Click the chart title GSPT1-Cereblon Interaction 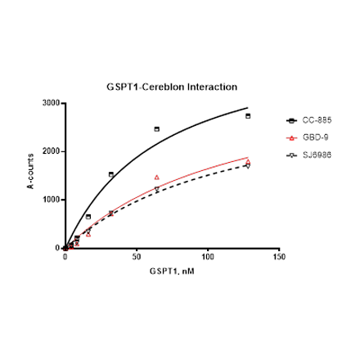[x=172, y=84]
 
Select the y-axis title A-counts [x=32, y=175]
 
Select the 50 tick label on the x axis [x=137, y=257]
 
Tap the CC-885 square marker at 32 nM [x=111, y=174]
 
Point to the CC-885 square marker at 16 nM [x=88, y=216]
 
